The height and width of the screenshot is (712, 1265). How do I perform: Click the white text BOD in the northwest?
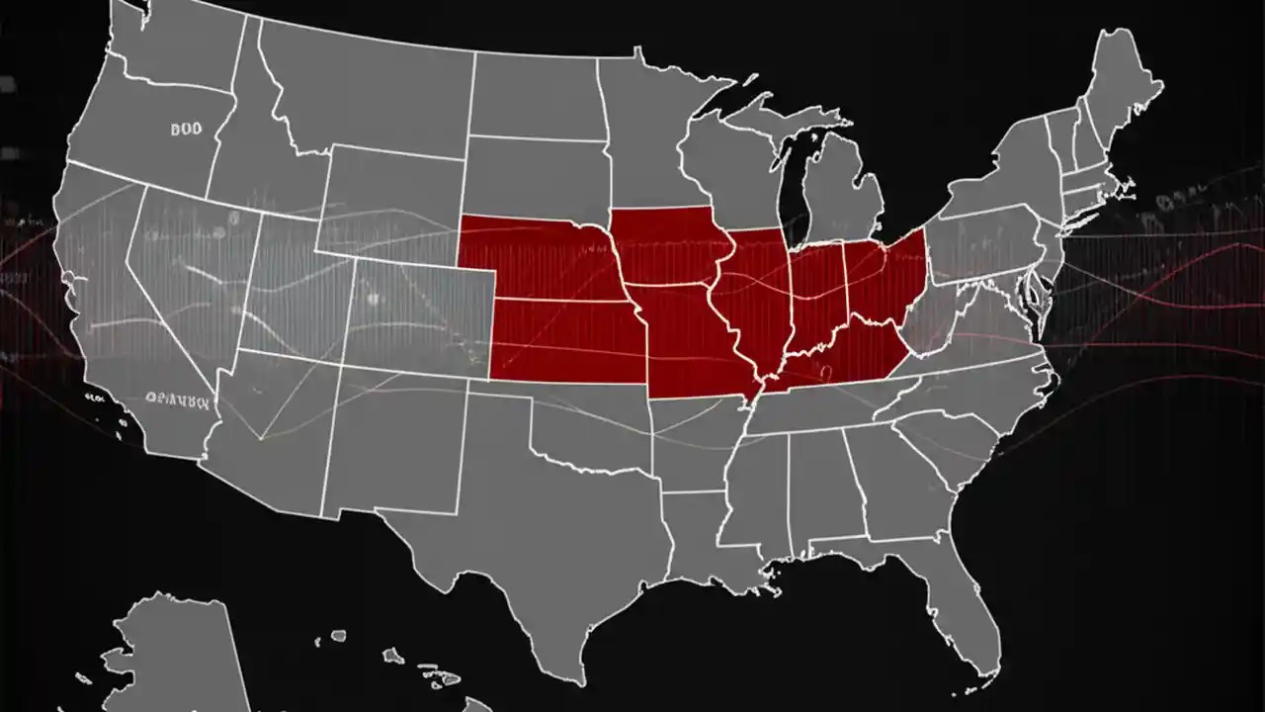pos(185,129)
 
